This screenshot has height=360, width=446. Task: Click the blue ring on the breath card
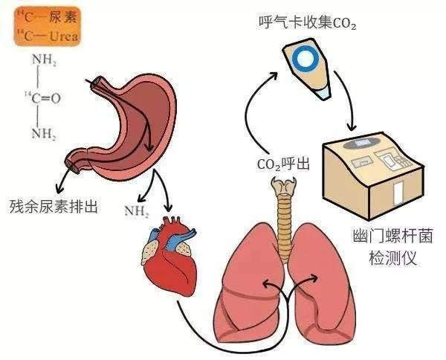pyautogui.click(x=305, y=58)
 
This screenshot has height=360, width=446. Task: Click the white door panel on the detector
pyautogui.click(x=398, y=190)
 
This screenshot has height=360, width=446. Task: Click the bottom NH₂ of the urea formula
pyautogui.click(x=45, y=134)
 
